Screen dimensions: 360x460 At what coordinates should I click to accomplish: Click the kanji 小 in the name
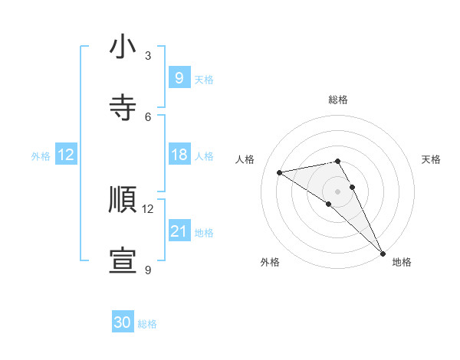[x=123, y=47]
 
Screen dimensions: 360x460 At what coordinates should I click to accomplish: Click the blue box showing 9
[x=179, y=77]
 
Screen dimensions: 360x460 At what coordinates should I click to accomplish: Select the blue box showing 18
[x=179, y=155]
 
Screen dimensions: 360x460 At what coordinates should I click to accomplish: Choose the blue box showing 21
[x=179, y=231]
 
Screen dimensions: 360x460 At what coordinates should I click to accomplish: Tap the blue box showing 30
[x=123, y=322]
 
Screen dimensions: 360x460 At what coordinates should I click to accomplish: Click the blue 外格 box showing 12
[x=66, y=155]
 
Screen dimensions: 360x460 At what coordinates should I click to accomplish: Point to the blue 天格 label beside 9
[x=203, y=79]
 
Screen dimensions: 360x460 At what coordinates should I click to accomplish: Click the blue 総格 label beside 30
[x=147, y=324]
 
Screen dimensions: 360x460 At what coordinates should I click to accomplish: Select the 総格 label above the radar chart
[x=338, y=100]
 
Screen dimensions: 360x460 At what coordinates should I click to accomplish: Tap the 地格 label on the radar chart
[x=402, y=262]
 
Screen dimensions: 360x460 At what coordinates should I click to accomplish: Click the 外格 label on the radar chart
[x=270, y=262]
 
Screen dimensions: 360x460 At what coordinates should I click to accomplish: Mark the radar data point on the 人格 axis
[x=280, y=172]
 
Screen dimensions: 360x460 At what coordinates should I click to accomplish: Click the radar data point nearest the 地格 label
[x=383, y=253]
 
